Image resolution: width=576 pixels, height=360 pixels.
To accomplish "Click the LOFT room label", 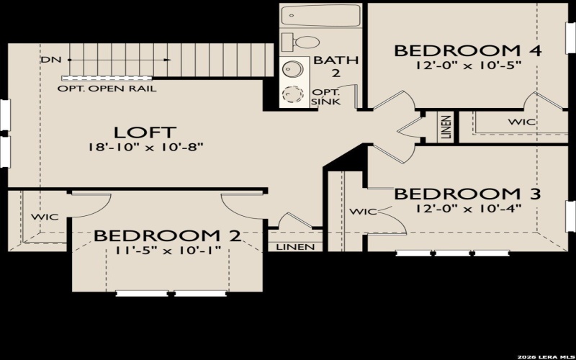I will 144,132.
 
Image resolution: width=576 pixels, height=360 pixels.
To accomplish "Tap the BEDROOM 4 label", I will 467,50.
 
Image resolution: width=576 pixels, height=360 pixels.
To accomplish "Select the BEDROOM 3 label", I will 467,194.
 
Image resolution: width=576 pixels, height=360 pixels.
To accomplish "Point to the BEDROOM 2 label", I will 166,235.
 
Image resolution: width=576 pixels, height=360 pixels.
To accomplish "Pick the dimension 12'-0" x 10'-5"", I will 467,65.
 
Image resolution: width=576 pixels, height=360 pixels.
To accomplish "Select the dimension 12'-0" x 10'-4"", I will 467,209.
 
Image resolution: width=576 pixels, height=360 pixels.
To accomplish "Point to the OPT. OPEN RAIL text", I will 109,89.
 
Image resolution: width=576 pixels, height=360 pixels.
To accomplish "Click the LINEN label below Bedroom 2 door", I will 295,247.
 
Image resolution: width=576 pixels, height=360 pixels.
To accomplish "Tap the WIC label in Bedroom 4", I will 521,122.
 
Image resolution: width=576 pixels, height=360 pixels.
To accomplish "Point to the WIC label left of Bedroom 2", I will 45,217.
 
